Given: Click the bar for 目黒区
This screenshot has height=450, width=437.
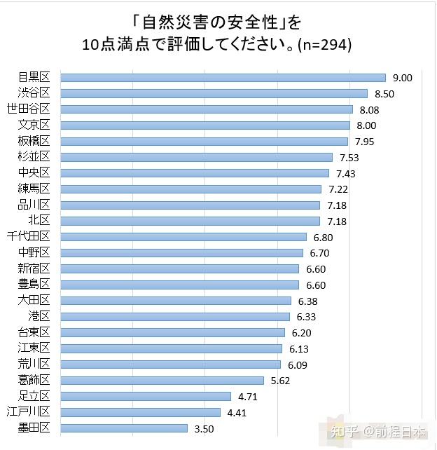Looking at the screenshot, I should [x=223, y=78].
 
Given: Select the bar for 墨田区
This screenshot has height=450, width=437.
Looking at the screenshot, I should [x=124, y=428].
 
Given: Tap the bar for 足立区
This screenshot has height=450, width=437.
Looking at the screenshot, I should [x=146, y=396].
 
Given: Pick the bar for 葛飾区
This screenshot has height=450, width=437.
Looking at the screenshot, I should [x=162, y=381].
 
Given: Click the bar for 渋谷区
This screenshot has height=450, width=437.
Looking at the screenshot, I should [x=214, y=93].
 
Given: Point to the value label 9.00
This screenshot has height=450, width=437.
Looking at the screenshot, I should [x=402, y=78].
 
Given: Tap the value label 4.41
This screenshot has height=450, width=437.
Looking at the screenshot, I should [x=237, y=412].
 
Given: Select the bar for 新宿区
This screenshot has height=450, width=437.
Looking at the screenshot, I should [x=179, y=268].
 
